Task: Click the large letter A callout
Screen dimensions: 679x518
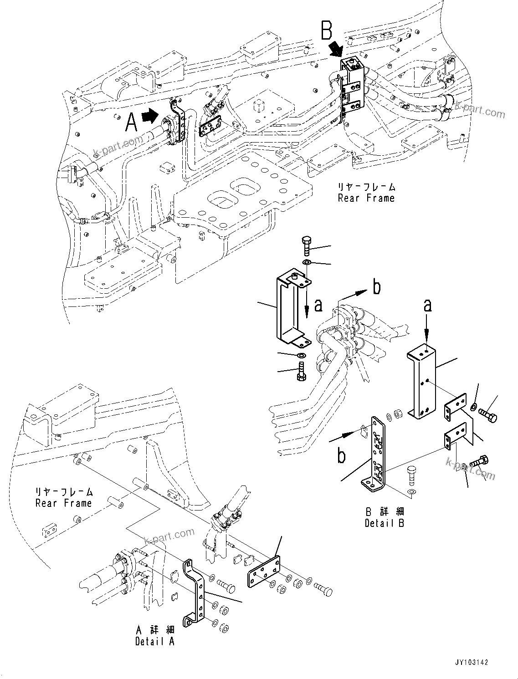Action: point(131,122)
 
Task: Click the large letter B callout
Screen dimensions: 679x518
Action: point(327,31)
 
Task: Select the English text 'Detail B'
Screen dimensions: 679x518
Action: point(384,523)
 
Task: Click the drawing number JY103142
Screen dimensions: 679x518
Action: point(471,663)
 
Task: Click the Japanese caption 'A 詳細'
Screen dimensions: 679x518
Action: point(154,630)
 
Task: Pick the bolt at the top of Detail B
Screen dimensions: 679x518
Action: point(306,246)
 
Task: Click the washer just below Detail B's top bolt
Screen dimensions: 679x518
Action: point(307,262)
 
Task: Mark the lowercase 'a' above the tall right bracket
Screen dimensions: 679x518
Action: point(427,306)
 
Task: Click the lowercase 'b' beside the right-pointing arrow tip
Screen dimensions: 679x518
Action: point(376,287)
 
